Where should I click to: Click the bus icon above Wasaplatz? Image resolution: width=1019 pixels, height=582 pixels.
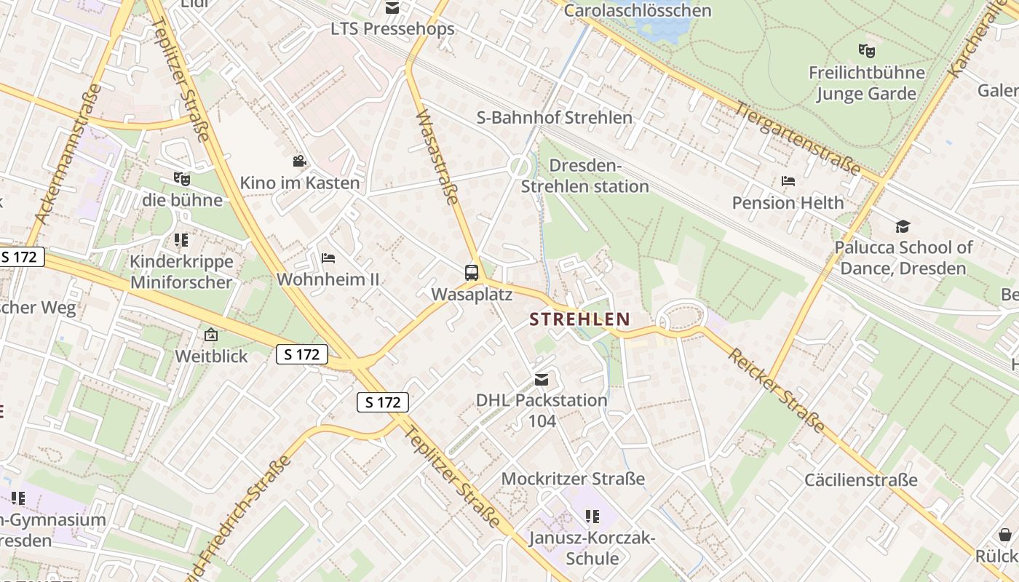(x=472, y=273)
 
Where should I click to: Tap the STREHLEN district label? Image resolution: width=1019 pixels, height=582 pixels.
(x=579, y=319)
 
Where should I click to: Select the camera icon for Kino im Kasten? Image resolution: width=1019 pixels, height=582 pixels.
(x=299, y=161)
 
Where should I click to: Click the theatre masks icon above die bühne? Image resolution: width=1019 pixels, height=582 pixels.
(x=181, y=178)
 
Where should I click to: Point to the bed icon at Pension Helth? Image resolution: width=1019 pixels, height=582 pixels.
(x=788, y=181)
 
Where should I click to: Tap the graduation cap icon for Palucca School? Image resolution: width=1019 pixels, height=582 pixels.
(x=903, y=226)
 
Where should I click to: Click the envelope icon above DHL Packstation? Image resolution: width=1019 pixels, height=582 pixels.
(x=542, y=379)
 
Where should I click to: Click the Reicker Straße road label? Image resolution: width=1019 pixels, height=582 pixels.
(x=777, y=391)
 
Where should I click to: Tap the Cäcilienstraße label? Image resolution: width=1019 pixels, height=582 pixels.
(x=860, y=480)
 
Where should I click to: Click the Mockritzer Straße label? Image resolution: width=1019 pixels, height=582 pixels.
(x=573, y=479)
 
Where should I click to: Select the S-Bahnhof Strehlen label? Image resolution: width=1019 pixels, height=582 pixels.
(x=554, y=117)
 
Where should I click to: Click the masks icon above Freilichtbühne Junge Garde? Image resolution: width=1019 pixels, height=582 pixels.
(x=865, y=50)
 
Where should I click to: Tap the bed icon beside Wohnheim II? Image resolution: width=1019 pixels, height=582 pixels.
(x=328, y=258)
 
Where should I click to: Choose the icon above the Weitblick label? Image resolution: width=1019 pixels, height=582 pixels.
(x=211, y=335)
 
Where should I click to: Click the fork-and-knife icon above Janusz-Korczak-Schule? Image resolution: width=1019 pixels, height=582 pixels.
(x=592, y=517)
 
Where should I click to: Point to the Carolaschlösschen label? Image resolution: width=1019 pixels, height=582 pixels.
(x=638, y=10)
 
